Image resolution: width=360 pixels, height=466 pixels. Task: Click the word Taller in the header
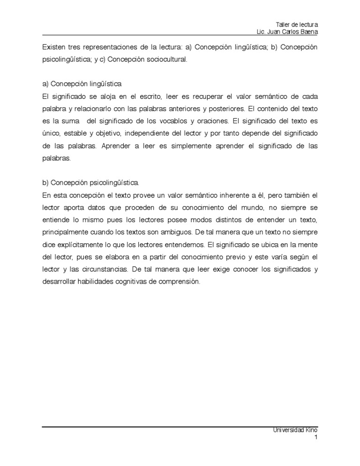pyautogui.click(x=283, y=24)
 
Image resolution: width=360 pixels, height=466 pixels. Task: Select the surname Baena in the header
pyautogui.click(x=308, y=31)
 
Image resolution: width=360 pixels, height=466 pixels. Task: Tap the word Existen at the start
pyautogui.click(x=54, y=48)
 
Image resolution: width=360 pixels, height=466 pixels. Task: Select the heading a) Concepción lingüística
pyautogui.click(x=82, y=84)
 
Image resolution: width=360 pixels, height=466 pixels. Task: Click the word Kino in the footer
pyautogui.click(x=312, y=429)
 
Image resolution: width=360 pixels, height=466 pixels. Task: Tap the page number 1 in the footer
pyautogui.click(x=316, y=437)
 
